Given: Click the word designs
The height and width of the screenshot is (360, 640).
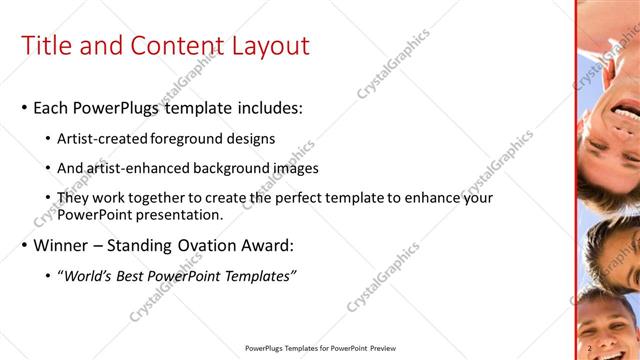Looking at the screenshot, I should point(251,138).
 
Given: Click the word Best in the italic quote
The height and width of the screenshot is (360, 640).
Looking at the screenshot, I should point(140,276).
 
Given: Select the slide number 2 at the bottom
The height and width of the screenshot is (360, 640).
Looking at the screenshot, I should point(591,348).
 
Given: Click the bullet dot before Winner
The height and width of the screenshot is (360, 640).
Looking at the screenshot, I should point(24,246).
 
